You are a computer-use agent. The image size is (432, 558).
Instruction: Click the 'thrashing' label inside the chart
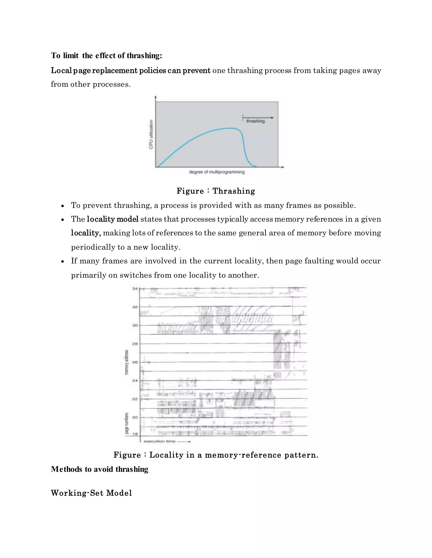click(255, 121)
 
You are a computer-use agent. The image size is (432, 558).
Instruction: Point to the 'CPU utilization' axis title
click(151, 134)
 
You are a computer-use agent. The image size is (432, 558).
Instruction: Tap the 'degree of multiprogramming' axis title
click(216, 172)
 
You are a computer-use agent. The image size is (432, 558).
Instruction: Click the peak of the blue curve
click(232, 128)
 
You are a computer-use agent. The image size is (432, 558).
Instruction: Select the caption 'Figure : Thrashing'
click(216, 191)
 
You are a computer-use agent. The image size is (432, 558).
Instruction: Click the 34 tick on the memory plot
click(135, 289)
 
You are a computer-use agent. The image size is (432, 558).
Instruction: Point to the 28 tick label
click(135, 344)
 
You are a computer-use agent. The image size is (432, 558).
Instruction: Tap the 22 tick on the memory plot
click(135, 399)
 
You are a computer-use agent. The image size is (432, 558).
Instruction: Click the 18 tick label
click(135, 434)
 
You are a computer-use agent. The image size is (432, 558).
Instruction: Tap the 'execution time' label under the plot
click(159, 441)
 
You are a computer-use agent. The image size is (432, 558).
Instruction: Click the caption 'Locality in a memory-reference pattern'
click(234, 455)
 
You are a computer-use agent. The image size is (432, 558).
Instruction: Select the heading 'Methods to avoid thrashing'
click(100, 469)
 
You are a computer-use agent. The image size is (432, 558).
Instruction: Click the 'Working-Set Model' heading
click(91, 493)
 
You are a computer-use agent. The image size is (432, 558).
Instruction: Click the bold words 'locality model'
click(113, 219)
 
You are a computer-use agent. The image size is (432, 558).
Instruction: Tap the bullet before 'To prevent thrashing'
click(62, 206)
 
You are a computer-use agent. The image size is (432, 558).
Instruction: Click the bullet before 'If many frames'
click(62, 261)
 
